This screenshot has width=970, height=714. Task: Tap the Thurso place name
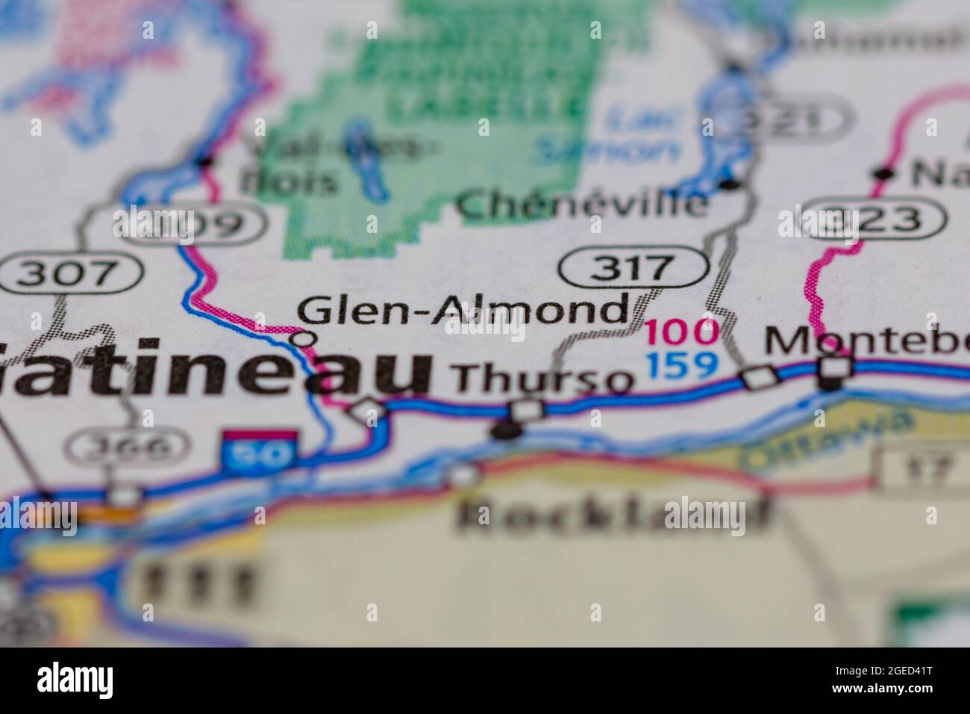coord(543,379)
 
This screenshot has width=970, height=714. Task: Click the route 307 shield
coord(71,273)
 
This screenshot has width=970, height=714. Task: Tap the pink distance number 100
coord(682,332)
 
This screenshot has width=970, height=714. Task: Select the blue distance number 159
coord(682,365)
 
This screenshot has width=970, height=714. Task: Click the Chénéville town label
coord(583,204)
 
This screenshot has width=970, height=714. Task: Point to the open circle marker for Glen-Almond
coord(303,339)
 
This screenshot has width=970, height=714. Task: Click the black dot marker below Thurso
coord(506,431)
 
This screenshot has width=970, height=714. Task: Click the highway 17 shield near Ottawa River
coord(925,468)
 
